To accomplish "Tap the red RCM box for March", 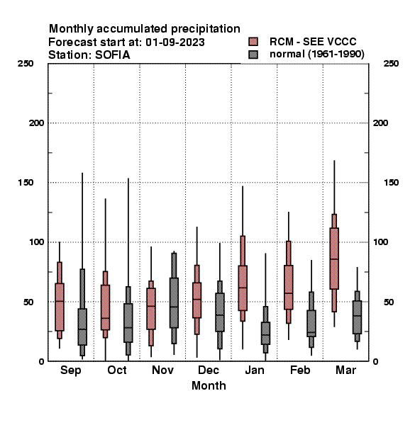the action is (x=334, y=259).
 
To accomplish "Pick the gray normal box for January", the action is (x=265, y=333).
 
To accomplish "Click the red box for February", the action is (x=289, y=287).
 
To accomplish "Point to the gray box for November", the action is (x=174, y=302).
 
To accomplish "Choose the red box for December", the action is (x=197, y=300).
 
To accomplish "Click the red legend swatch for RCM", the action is (x=253, y=42).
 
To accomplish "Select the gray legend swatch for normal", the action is (x=253, y=55).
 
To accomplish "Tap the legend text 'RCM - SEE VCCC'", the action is (x=313, y=42).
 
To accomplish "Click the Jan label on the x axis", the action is (x=254, y=370).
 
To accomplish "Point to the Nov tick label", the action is (x=162, y=370).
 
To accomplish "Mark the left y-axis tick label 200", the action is (x=36, y=123).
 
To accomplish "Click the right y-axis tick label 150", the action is (x=391, y=183).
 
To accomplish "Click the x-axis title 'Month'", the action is (x=209, y=385).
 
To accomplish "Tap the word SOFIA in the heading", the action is (x=112, y=55).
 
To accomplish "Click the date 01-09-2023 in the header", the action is (x=175, y=42).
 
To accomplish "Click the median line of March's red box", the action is (x=334, y=259).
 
